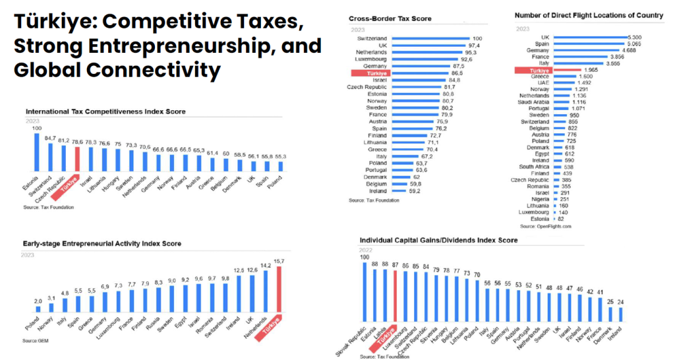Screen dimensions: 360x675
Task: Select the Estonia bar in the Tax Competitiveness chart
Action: [37, 152]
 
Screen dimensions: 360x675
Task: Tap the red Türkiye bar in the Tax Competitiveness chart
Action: [76, 159]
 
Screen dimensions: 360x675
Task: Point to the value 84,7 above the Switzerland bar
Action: [50, 138]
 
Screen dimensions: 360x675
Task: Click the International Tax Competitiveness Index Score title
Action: [105, 111]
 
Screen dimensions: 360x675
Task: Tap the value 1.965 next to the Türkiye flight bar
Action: [589, 69]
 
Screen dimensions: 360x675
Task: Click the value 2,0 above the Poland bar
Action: [38, 301]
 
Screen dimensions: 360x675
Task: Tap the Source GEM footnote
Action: [36, 340]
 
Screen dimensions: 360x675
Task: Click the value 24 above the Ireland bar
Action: [620, 302]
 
